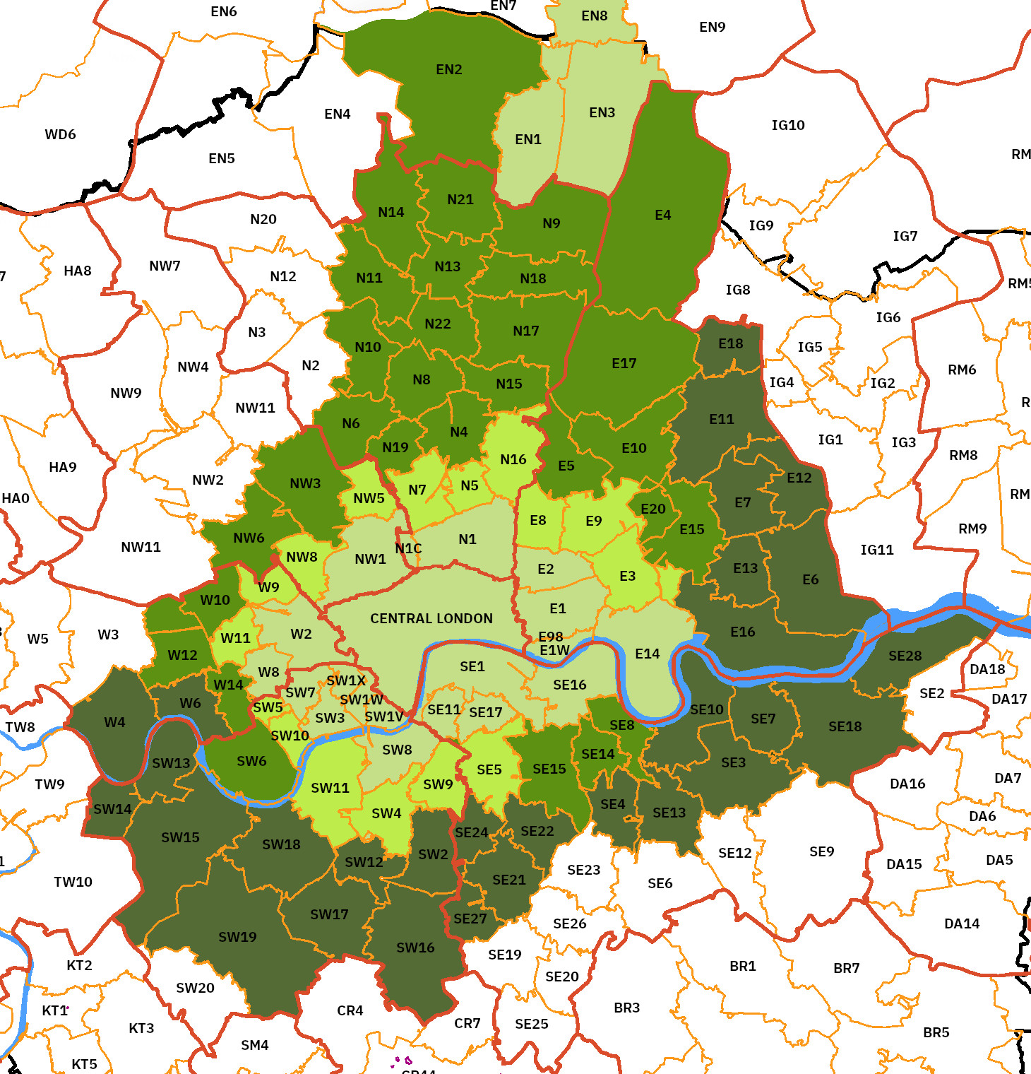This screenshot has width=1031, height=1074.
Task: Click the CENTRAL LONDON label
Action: [431, 618]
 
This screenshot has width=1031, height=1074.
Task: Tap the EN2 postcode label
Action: [449, 69]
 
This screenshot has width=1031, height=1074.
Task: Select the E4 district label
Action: [662, 215]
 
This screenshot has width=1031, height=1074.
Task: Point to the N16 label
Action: [513, 459]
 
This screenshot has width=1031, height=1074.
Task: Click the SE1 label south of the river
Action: [472, 666]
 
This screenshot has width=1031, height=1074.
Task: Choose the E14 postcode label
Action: [647, 654]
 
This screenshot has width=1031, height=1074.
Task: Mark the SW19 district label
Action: [237, 937]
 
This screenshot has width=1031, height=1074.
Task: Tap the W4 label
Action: [114, 722]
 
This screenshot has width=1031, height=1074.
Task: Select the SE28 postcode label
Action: [905, 656]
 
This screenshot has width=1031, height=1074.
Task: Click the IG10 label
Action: [788, 125]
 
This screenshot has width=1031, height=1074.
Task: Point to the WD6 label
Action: [60, 134]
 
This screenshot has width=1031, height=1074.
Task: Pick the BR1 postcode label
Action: [743, 966]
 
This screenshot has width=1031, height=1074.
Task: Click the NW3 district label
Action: [305, 483]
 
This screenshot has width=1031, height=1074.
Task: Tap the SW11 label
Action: [330, 788]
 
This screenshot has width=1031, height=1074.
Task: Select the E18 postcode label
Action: [730, 343]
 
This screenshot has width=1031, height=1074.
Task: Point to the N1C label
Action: [408, 548]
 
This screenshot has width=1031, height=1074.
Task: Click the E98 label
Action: [551, 637]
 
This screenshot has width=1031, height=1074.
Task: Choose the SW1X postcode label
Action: [346, 680]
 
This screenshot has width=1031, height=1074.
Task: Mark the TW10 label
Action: [73, 882]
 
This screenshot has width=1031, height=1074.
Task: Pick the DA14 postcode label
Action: [962, 923]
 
